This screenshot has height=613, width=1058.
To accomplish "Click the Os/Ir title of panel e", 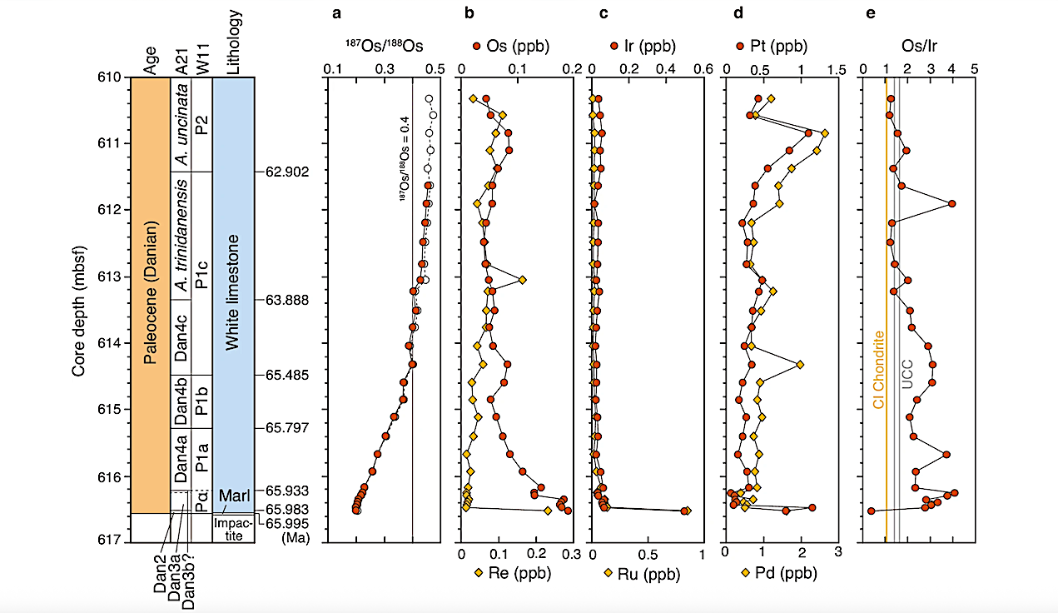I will (x=918, y=46).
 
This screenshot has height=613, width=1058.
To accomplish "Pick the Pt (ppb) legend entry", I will (x=771, y=46).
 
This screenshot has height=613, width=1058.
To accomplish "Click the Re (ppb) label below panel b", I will (x=509, y=573).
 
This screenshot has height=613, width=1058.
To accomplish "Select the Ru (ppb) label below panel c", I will (x=643, y=573).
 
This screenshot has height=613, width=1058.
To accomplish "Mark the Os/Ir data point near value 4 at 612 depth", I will (x=951, y=203).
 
